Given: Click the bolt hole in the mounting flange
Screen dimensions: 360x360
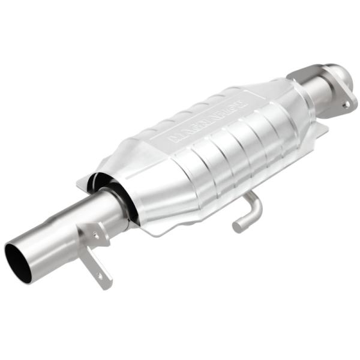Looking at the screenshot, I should click(x=346, y=104).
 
